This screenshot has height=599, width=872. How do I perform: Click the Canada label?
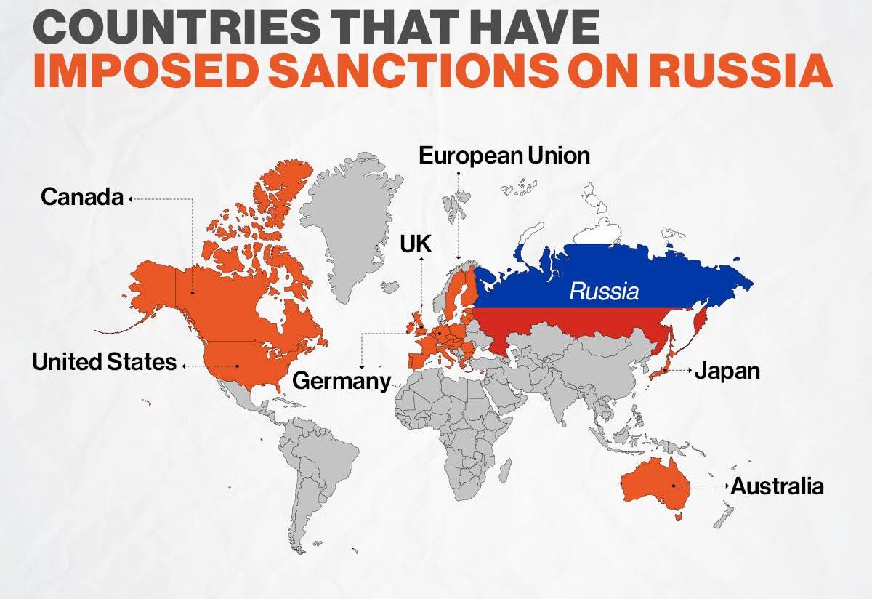click(x=82, y=197)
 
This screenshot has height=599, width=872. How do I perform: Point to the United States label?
click(x=104, y=362)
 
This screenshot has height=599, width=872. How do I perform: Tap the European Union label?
click(x=504, y=155)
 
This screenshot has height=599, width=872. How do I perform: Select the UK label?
click(x=416, y=244)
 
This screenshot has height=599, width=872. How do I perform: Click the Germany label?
click(x=341, y=381)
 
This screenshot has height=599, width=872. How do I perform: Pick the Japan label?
click(x=727, y=371)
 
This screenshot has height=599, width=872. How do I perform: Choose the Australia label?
click(x=777, y=486)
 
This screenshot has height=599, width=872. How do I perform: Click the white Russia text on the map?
click(x=604, y=292)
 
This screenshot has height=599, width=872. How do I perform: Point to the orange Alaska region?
click(x=153, y=291)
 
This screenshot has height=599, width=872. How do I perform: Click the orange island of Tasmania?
click(x=679, y=518)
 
